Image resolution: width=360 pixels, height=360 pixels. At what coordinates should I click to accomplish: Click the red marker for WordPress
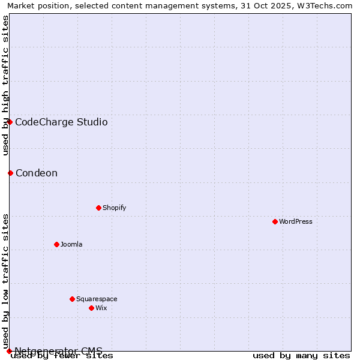pyautogui.click(x=275, y=221)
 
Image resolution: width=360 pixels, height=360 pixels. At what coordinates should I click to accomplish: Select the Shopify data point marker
pyautogui.click(x=98, y=208)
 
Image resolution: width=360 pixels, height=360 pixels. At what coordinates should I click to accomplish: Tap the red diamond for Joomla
pyautogui.click(x=56, y=244)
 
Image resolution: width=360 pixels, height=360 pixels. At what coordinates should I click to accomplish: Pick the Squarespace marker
pyautogui.click(x=72, y=299)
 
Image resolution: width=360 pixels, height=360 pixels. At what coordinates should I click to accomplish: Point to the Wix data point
pyautogui.click(x=91, y=308)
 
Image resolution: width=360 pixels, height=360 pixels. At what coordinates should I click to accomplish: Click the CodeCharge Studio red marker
pyautogui.click(x=10, y=122)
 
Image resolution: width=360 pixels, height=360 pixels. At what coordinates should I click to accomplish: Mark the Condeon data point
pyautogui.click(x=10, y=173)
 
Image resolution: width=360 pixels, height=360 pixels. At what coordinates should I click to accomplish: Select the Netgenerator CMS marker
pyautogui.click(x=9, y=351)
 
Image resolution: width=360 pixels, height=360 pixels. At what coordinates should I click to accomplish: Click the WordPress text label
pyautogui.click(x=296, y=221)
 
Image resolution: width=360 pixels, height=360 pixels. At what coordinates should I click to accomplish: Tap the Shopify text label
pyautogui.click(x=114, y=208)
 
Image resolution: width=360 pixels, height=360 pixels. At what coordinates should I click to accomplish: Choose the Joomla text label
pyautogui.click(x=71, y=244)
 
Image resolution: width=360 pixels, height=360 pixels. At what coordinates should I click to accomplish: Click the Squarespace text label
pyautogui.click(x=97, y=299)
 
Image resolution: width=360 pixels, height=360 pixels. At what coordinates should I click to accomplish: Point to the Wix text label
pyautogui.click(x=101, y=308)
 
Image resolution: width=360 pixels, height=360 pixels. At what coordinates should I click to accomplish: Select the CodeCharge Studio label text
pyautogui.click(x=61, y=122)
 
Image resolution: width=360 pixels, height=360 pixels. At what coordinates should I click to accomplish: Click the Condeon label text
pyautogui.click(x=37, y=173)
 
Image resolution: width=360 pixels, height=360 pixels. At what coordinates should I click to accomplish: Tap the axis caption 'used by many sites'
pyautogui.click(x=301, y=355)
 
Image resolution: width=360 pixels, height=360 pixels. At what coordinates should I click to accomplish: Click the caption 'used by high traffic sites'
pyautogui.click(x=5, y=85)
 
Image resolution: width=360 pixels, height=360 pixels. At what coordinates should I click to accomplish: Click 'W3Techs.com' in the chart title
pyautogui.click(x=328, y=5)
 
